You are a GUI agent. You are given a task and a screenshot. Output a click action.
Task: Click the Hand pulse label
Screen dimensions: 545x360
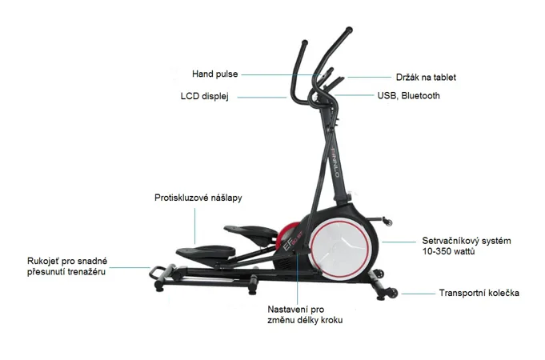click(214, 74)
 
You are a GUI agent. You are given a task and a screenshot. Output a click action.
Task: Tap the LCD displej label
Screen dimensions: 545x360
click(204, 96)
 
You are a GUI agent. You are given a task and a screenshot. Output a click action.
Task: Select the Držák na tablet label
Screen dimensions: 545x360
click(426, 77)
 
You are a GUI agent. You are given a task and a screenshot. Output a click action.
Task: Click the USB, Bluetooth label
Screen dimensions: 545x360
click(408, 95)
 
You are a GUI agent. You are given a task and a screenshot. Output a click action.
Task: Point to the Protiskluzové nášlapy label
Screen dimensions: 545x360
click(198, 198)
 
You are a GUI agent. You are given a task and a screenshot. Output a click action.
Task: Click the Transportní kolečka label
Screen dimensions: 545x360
click(479, 293)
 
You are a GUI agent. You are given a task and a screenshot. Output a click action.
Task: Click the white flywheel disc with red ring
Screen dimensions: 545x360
click(339, 249)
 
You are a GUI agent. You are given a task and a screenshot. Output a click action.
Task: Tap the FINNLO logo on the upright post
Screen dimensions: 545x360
click(335, 162)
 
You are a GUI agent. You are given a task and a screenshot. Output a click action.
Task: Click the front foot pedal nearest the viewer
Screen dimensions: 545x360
click(206, 252)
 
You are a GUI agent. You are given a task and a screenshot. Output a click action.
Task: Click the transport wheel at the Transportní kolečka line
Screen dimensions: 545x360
click(393, 293)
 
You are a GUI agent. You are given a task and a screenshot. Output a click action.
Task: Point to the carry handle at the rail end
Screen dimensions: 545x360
click(158, 273)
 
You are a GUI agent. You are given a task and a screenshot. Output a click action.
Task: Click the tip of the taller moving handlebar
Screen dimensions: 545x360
click(349, 30)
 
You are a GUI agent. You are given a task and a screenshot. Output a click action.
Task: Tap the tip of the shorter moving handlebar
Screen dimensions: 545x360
click(304, 43)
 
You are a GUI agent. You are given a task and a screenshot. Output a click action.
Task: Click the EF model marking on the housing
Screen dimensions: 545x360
click(287, 246)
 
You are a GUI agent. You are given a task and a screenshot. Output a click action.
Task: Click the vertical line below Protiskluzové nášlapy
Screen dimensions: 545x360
click(194, 226)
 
